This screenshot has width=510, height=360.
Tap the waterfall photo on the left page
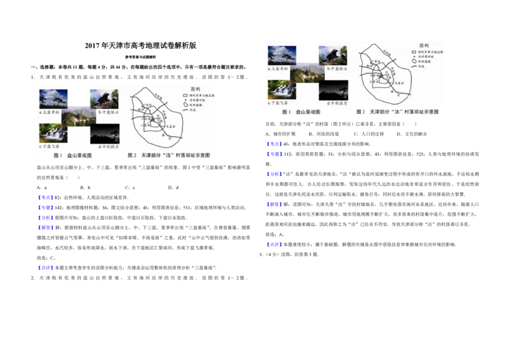(x=53, y=132)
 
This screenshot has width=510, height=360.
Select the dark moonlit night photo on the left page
(x=104, y=134)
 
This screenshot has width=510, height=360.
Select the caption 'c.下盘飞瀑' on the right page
(x=280, y=102)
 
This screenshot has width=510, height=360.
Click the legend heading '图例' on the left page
(x=196, y=89)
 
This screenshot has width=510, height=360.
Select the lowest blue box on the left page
(x=45, y=267)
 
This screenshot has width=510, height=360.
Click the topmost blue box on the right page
(x=273, y=144)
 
